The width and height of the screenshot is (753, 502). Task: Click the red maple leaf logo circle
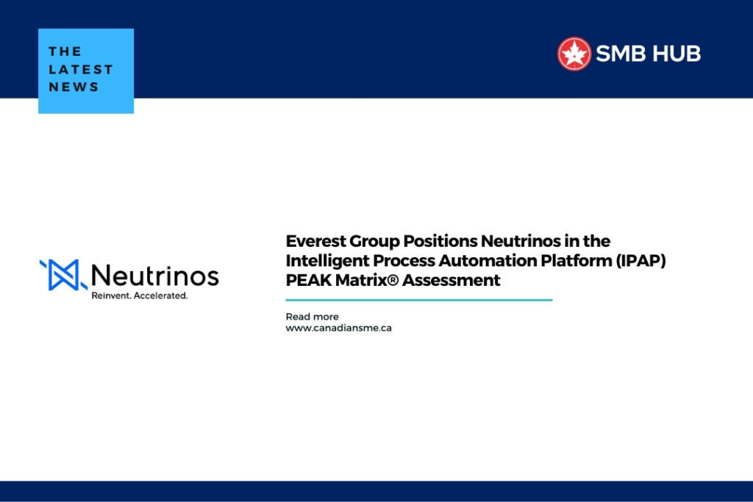click(574, 54)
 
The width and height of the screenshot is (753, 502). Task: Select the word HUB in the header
click(678, 54)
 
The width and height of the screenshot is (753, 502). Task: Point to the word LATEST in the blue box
click(81, 69)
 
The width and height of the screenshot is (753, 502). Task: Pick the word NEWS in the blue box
click(74, 87)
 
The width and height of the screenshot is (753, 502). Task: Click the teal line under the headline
click(418, 300)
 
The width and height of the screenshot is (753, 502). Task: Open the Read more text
click(312, 317)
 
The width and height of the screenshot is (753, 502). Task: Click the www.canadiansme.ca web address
click(338, 328)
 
